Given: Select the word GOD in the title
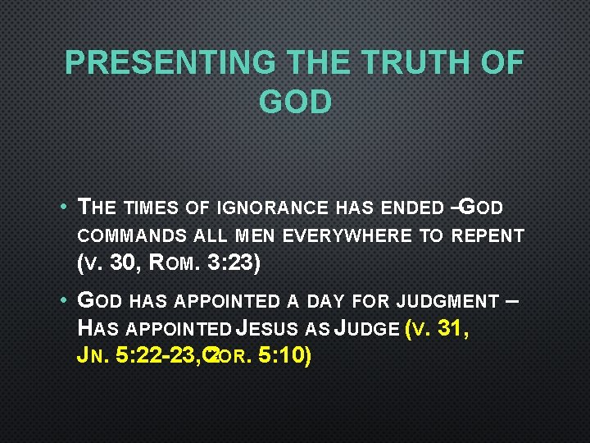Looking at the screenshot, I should [295, 102].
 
